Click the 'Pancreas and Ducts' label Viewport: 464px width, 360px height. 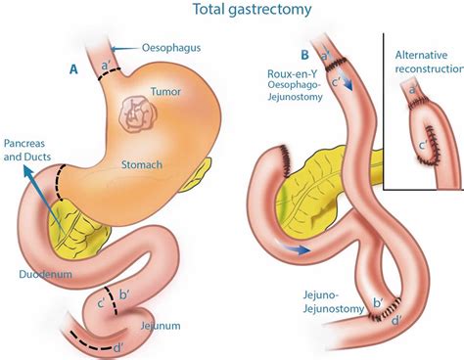click(29, 149)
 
